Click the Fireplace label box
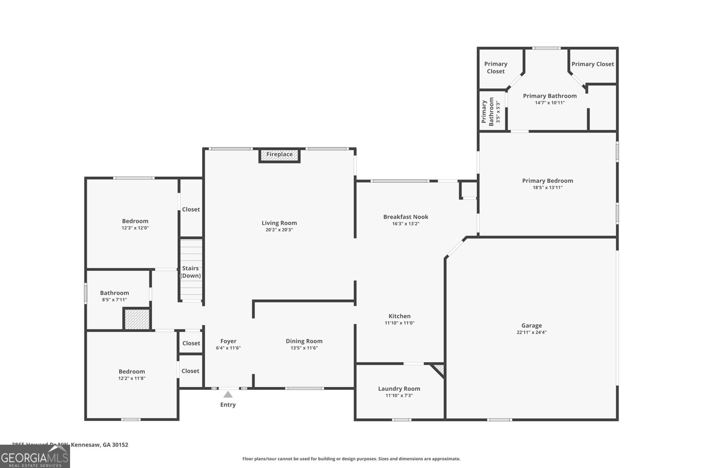pyautogui.click(x=279, y=155)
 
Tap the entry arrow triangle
pyautogui.click(x=228, y=395)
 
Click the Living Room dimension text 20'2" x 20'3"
pyautogui.click(x=279, y=230)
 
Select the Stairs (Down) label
pyautogui.click(x=191, y=272)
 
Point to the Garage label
pyautogui.click(x=532, y=325)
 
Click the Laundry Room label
pyautogui.click(x=399, y=389)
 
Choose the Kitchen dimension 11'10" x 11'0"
pyautogui.click(x=399, y=323)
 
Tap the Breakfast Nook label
pyautogui.click(x=406, y=216)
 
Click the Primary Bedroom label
pyautogui.click(x=547, y=180)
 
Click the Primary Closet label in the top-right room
pyautogui.click(x=592, y=64)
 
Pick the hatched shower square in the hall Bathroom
pyautogui.click(x=137, y=319)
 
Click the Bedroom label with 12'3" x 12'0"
pyautogui.click(x=135, y=221)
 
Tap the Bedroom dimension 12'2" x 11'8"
pyautogui.click(x=131, y=378)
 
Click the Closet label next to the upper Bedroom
pyautogui.click(x=191, y=209)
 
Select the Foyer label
pyautogui.click(x=228, y=341)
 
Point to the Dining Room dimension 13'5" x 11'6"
pyautogui.click(x=304, y=348)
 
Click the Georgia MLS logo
pyautogui.click(x=35, y=457)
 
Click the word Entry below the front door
pyautogui.click(x=228, y=405)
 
